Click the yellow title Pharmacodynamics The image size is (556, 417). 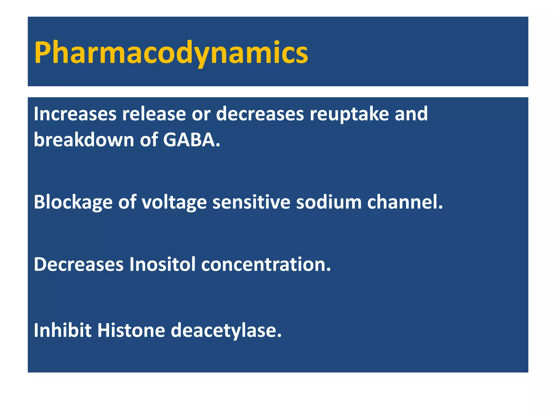click(x=171, y=53)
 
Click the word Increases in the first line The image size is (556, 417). click(x=75, y=114)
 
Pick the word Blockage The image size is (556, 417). click(x=73, y=203)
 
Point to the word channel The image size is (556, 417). click(x=405, y=203)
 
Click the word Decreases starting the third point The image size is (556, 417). click(x=78, y=264)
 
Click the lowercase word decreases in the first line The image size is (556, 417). click(x=260, y=114)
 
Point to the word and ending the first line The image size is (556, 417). click(x=411, y=114)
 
